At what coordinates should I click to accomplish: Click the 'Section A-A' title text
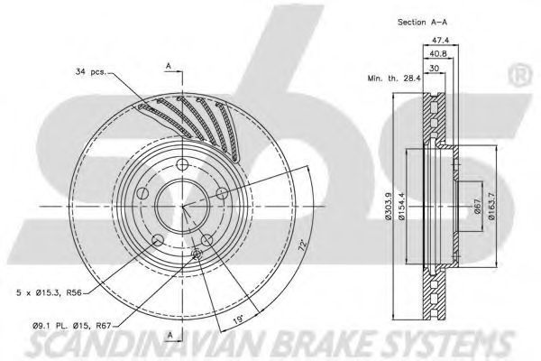[x=422, y=22]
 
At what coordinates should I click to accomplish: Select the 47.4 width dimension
[x=441, y=40]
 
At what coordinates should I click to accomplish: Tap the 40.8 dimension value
[x=437, y=54]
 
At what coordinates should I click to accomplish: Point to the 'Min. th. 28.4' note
[x=394, y=79]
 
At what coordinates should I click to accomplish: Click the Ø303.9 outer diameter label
[x=388, y=207]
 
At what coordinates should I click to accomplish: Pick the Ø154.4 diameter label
[x=401, y=207]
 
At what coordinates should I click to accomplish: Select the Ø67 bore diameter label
[x=478, y=207]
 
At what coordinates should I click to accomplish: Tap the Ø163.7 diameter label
[x=491, y=207]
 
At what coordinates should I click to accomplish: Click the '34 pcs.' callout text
[x=91, y=72]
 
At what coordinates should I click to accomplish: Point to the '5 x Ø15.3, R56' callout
[x=49, y=293]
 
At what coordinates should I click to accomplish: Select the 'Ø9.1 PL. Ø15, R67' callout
[x=72, y=325]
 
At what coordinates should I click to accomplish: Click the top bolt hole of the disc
[x=182, y=164]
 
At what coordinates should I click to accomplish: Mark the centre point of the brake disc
[x=182, y=207]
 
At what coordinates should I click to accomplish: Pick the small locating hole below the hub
[x=197, y=255]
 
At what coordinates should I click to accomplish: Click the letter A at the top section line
[x=169, y=65]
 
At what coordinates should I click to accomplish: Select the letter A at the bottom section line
[x=170, y=335]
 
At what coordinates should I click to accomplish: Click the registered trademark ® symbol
[x=520, y=77]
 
